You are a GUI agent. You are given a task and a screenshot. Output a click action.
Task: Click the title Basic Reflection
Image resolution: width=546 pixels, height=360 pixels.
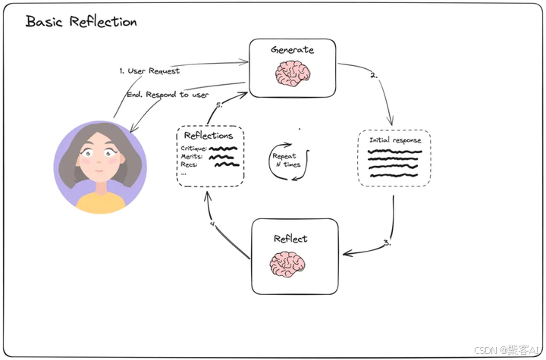click(x=81, y=21)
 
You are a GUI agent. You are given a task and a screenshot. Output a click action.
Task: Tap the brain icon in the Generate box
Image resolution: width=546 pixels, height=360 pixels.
click(x=293, y=74)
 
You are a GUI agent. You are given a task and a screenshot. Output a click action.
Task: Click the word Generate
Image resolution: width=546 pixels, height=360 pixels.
click(x=293, y=50)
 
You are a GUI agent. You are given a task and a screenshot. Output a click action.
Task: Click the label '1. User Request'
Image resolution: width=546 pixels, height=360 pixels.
click(x=149, y=70)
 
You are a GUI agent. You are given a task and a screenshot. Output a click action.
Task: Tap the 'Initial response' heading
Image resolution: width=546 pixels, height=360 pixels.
click(x=394, y=141)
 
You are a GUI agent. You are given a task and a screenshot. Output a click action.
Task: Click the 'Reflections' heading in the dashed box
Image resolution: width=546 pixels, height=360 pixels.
click(x=209, y=136)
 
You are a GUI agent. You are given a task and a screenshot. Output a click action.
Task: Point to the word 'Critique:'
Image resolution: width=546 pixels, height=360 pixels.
click(x=194, y=149)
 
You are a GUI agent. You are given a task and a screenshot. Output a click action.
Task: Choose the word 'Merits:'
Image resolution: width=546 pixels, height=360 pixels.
click(x=193, y=157)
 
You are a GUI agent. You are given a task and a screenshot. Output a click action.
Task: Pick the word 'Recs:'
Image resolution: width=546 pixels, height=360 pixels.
click(x=190, y=165)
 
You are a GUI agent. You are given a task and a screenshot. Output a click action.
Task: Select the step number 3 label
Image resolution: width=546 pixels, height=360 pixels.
click(x=387, y=243)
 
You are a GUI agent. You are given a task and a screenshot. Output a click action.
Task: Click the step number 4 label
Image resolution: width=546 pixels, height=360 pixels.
click(x=212, y=224)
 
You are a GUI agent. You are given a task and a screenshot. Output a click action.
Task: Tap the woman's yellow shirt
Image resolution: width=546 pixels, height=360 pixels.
click(x=100, y=202)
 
